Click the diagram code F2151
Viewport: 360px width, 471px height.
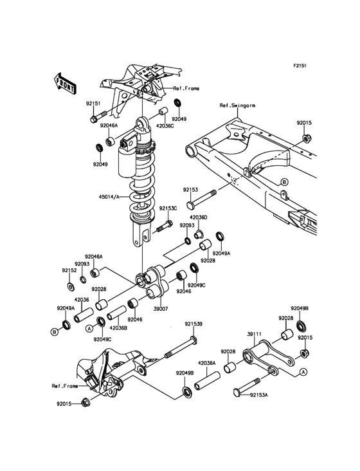[x=300, y=65]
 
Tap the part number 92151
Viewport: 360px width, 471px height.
[x=93, y=104]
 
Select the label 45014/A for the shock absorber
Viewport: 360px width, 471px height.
[x=109, y=197]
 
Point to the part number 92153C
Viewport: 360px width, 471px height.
[x=168, y=208]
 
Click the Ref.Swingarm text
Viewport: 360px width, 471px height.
[x=237, y=106]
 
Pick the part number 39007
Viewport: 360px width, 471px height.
[x=161, y=308]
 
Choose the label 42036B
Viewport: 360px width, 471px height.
[x=118, y=328]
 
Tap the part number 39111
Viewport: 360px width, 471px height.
[x=254, y=334]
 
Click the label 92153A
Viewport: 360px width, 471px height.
[x=259, y=395]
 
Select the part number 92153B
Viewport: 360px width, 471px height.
[x=194, y=324]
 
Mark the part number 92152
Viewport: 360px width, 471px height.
[x=69, y=270]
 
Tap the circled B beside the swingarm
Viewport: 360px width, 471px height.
[x=284, y=181]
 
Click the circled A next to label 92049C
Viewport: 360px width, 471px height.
[x=89, y=329]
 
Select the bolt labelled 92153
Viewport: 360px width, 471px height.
[x=201, y=199]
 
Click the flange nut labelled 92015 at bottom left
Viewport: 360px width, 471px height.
[x=85, y=403]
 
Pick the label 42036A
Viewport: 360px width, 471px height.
[x=207, y=363]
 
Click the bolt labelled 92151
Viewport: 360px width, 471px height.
[x=98, y=117]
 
